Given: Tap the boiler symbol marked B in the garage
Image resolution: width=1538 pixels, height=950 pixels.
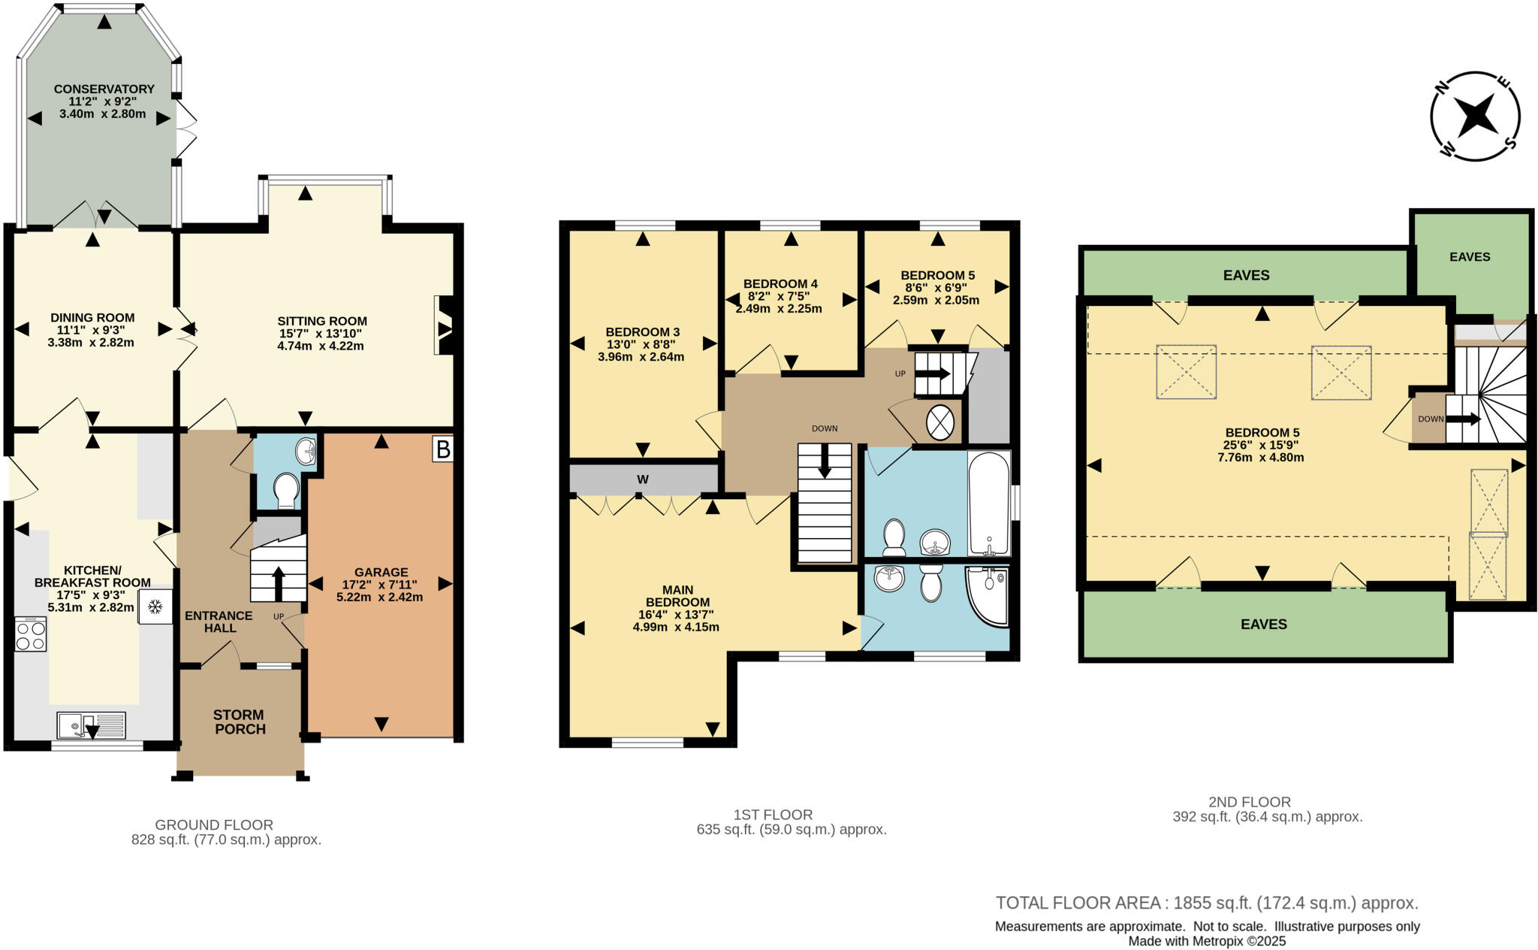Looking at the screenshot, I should coord(443,449).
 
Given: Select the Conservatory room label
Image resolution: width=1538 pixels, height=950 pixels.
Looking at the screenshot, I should coord(104,89).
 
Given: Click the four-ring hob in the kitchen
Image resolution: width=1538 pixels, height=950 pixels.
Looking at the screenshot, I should coord(31,634).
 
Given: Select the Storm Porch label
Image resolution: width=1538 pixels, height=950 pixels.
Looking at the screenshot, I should coord(239,722).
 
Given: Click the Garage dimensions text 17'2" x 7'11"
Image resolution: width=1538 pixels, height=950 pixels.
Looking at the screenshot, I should coord(380,585).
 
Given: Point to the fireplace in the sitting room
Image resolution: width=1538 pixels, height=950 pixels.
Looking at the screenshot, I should coord(445,325).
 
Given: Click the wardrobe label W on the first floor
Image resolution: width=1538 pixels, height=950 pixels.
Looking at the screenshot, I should coord(643,480).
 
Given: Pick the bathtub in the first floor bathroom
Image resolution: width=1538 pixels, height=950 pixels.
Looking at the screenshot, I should coord(988,502).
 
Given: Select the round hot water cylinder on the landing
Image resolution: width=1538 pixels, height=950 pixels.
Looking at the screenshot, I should coord(939,422).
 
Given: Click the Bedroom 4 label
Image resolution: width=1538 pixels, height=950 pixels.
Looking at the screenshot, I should coord(780,283).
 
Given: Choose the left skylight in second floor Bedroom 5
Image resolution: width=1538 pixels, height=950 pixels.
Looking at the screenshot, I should coord(1186,371).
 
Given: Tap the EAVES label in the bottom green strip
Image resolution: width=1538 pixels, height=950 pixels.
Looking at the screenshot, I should coord(1264,624).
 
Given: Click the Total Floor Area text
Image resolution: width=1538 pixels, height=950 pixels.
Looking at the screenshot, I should coord(1206,903).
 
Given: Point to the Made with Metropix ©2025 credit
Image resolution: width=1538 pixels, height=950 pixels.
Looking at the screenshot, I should coord(1207,941).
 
